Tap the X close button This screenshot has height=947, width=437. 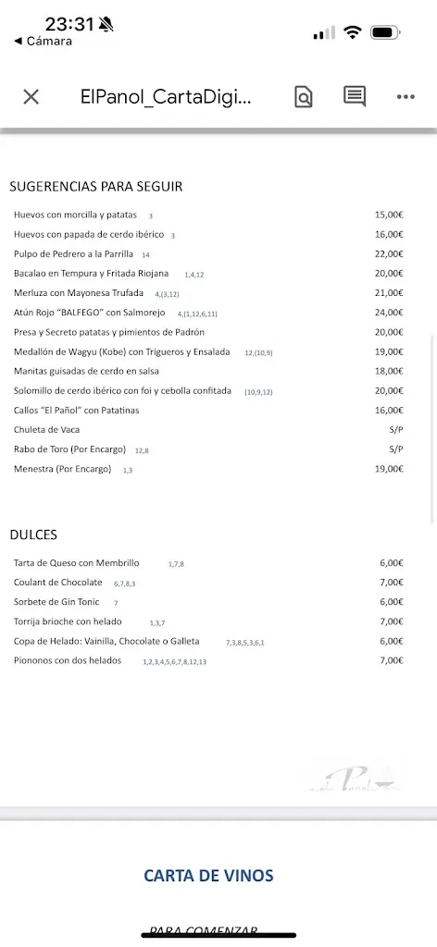pos(31,97)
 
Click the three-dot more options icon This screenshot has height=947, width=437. pos(406,96)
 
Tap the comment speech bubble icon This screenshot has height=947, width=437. pos(355,96)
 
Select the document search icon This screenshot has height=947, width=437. pos(303,96)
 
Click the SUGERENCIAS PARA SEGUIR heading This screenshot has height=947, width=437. pos(95,186)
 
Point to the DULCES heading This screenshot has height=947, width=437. pos(33,534)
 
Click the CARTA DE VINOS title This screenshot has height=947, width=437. pos(208,875)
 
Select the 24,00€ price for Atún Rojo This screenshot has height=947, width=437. pos(389,313)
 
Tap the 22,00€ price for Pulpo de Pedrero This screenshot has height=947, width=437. pos(389,254)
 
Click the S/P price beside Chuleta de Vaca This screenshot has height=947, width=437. pos(396,429)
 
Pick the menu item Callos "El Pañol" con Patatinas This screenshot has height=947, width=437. pos(76,410)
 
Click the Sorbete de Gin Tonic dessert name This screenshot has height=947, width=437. pos(58,602)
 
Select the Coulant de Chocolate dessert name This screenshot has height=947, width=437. pos(58,583)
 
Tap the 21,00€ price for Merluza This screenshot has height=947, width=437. pos(389,293)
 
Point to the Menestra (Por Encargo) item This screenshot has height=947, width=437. pos(62,469)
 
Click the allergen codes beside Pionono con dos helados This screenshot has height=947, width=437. pos(174,662)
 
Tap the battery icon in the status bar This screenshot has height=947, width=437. pos(385,32)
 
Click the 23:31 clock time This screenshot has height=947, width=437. pos(70,25)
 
